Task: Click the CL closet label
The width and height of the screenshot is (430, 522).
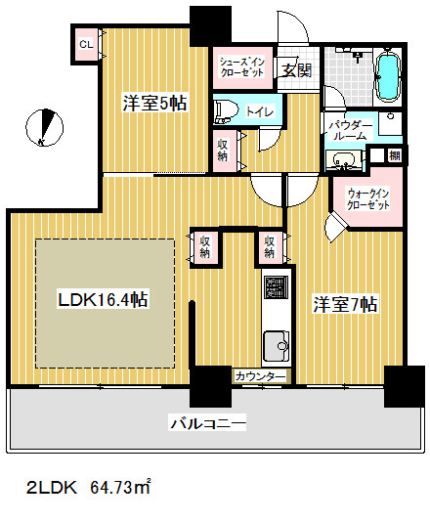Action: click(x=86, y=45)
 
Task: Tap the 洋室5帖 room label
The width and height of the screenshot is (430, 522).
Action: click(x=154, y=102)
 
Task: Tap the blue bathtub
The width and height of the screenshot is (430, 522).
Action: click(x=386, y=76)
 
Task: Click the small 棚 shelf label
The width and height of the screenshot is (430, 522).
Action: click(x=393, y=156)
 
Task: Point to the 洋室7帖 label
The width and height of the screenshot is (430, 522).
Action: click(x=344, y=304)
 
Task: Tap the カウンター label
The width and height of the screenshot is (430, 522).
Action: click(x=261, y=376)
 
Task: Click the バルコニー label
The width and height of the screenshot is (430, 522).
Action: click(x=207, y=423)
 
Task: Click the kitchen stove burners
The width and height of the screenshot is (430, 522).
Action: click(x=276, y=288)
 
